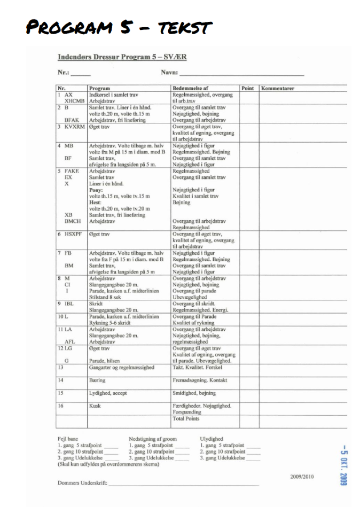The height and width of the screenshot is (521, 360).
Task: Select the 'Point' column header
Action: click(247, 88)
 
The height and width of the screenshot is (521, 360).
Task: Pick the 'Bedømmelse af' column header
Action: click(190, 88)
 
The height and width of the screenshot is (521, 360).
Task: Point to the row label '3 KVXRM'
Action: click(72, 127)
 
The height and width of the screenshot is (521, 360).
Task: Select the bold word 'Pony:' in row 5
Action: click(96, 190)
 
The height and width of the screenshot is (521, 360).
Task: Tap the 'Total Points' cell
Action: click(185, 418)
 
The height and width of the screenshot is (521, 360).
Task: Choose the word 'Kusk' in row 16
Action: click(95, 406)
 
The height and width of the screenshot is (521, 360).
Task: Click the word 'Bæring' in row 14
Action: click(97, 380)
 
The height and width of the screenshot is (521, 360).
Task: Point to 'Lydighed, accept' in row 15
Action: click(108, 393)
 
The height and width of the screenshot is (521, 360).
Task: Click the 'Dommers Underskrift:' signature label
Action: click(82, 483)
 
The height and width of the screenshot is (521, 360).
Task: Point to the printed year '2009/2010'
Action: click(302, 476)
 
